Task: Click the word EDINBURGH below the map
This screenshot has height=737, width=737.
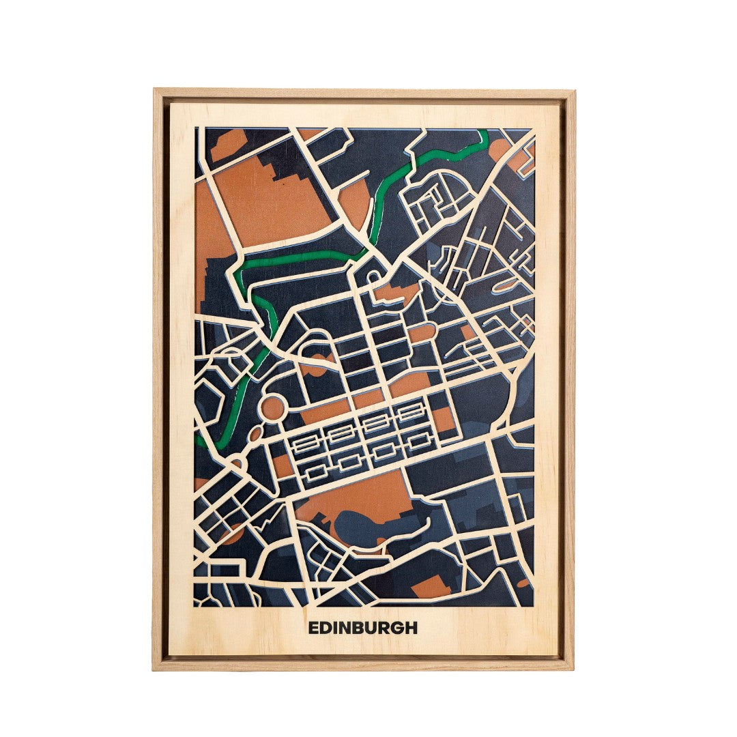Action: click(x=362, y=628)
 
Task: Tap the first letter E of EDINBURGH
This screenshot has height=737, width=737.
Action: click(x=313, y=628)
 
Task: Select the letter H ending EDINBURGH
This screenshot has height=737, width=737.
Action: click(x=411, y=628)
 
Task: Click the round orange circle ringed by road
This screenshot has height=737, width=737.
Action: click(x=272, y=408)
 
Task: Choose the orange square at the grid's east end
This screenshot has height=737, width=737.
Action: click(x=444, y=418)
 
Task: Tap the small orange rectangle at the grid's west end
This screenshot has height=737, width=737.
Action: click(x=282, y=465)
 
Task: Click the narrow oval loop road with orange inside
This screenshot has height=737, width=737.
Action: click(x=505, y=285)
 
